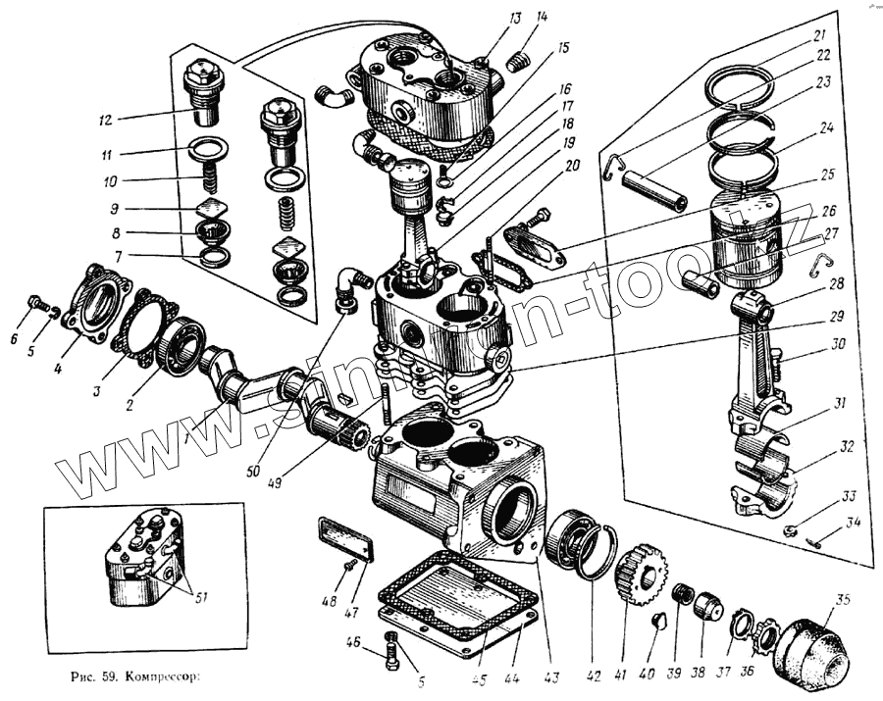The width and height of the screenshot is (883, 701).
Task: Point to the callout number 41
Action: coord(620,675)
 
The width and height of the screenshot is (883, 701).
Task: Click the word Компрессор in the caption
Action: coord(168,676)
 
